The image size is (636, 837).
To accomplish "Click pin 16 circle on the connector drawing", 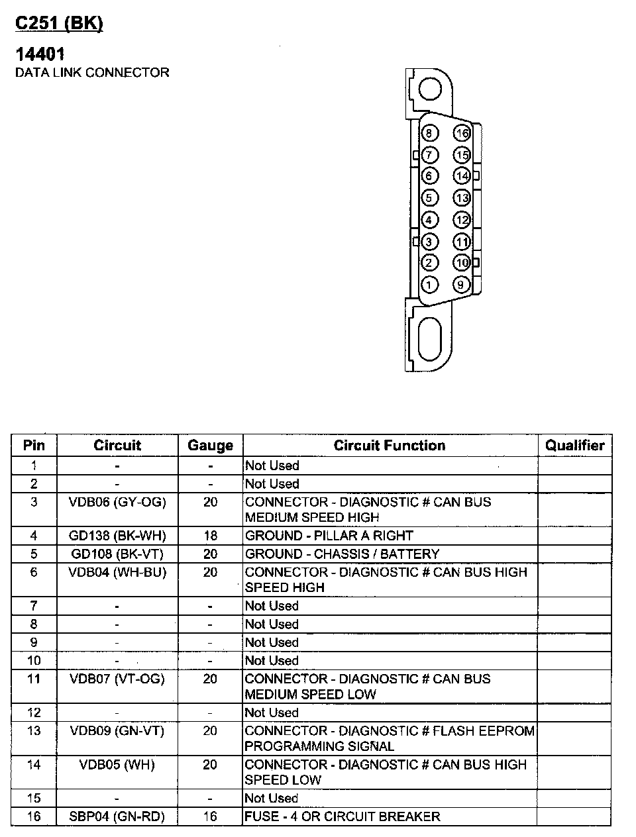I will click(x=462, y=134).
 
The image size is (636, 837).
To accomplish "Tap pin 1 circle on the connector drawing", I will click(x=429, y=285).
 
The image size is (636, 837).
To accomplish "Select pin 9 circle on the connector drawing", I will click(x=462, y=285).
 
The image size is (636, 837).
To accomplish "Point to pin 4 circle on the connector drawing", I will click(x=429, y=220).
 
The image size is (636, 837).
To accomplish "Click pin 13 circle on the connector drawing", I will click(x=462, y=198).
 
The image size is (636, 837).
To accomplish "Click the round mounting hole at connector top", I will click(x=430, y=88).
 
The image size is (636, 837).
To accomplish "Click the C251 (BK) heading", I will click(x=59, y=24).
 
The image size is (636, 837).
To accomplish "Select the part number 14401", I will click(x=40, y=54).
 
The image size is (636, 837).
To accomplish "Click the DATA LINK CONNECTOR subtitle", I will click(x=92, y=72).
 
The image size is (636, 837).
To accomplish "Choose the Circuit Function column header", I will click(x=390, y=446).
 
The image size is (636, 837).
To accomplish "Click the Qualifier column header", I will click(x=574, y=446).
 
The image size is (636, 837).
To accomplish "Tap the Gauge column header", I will click(x=210, y=446).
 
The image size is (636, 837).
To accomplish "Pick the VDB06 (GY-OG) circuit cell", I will click(x=117, y=502).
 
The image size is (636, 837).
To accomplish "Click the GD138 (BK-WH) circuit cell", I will click(x=117, y=535).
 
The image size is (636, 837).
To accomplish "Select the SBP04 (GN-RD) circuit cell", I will click(x=117, y=816).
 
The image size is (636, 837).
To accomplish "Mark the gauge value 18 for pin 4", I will click(x=210, y=535).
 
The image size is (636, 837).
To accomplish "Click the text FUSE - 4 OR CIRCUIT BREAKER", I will click(x=343, y=816).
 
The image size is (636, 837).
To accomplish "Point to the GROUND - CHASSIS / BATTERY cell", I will click(x=342, y=554).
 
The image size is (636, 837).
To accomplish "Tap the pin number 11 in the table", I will click(x=34, y=679).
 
